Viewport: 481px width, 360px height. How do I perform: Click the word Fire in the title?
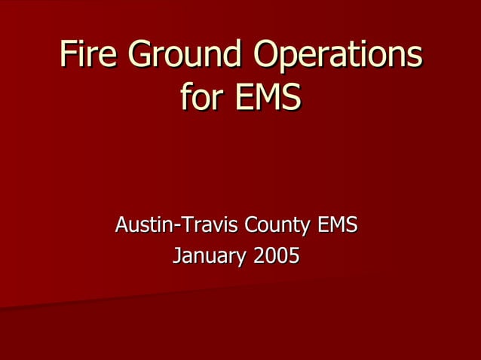87,55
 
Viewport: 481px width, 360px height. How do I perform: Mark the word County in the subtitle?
279,225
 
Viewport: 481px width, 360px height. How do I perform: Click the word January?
210,256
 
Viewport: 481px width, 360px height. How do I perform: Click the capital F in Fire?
69,55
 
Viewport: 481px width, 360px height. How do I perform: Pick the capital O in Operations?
268,55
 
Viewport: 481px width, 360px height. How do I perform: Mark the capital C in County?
253,224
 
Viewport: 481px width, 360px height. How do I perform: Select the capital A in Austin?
121,224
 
